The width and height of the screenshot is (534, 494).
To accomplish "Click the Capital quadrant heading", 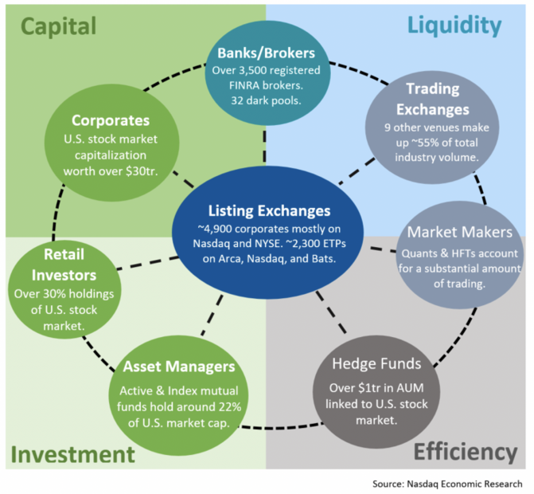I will (59, 26).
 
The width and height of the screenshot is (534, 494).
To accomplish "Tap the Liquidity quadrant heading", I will (454, 25).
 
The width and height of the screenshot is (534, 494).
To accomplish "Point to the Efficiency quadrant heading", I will (465, 453).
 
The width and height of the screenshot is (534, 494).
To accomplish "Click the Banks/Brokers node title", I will (267, 55).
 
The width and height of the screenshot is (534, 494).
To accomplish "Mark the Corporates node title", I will (111, 121).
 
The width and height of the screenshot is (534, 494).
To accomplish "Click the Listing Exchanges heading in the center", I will (268, 211).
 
